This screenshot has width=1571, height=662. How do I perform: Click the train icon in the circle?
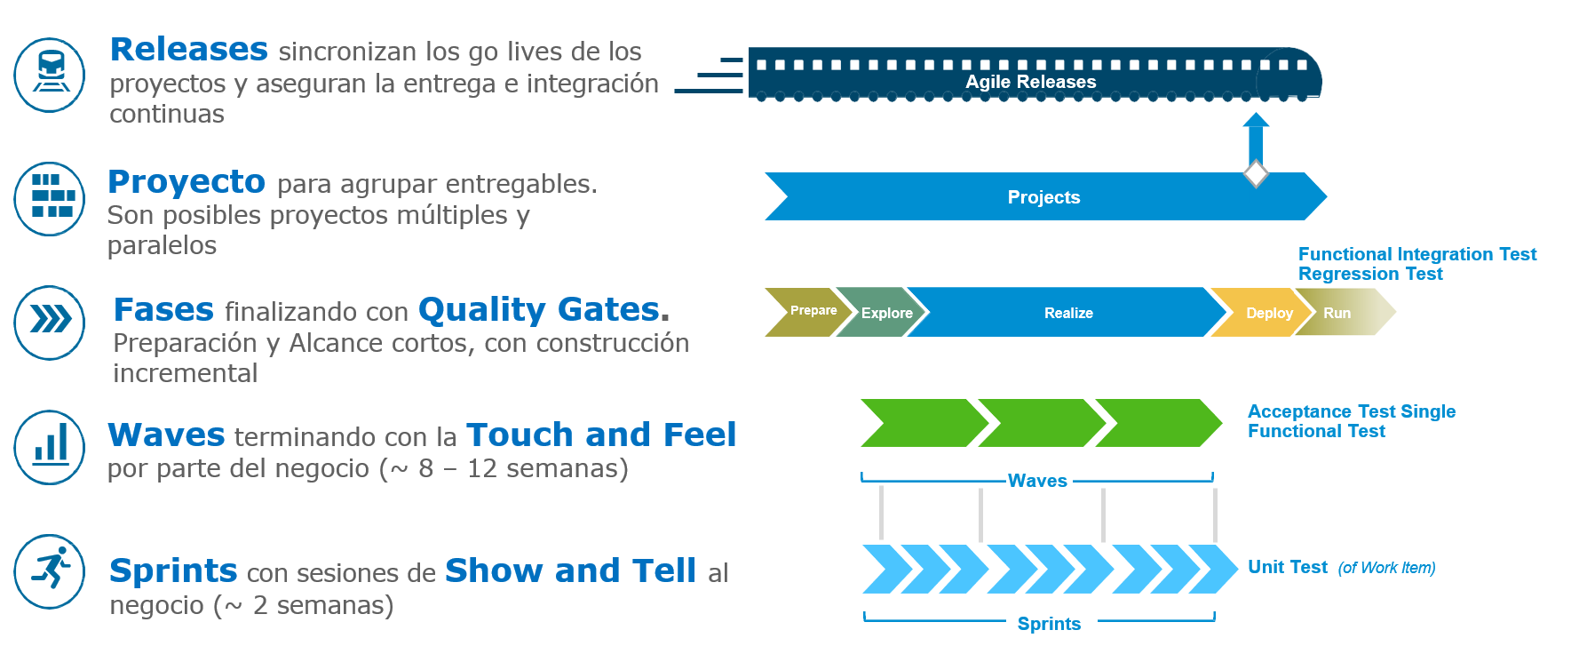pyautogui.click(x=50, y=75)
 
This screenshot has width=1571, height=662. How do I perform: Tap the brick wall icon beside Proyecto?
pyautogui.click(x=50, y=198)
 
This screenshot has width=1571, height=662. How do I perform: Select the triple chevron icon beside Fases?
pyautogui.click(x=50, y=322)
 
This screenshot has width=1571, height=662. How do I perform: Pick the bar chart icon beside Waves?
pyautogui.click(x=50, y=446)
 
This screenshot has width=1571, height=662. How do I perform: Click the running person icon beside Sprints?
pyautogui.click(x=50, y=570)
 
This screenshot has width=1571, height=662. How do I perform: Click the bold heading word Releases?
pyautogui.click(x=188, y=50)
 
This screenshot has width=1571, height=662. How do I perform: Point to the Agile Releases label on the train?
pyautogui.click(x=1030, y=82)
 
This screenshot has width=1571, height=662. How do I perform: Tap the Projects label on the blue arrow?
pyautogui.click(x=1043, y=197)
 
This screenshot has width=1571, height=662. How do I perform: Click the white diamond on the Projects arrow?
pyautogui.click(x=1255, y=173)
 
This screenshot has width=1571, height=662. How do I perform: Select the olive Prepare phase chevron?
pyautogui.click(x=806, y=311)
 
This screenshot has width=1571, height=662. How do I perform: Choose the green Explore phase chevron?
pyautogui.click(x=883, y=313)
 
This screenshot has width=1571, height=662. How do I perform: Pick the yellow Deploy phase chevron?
pyautogui.click(x=1266, y=313)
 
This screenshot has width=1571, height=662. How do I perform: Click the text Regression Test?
pyautogui.click(x=1369, y=275)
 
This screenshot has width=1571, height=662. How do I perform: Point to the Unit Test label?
pyautogui.click(x=1287, y=567)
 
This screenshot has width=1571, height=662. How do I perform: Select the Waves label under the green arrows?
pyautogui.click(x=1036, y=481)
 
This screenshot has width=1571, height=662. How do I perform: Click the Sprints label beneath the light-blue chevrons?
pyautogui.click(x=1049, y=624)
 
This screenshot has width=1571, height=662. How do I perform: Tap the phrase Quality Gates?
pyautogui.click(x=538, y=309)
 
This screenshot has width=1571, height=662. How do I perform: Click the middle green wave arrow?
pyautogui.click(x=1040, y=423)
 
